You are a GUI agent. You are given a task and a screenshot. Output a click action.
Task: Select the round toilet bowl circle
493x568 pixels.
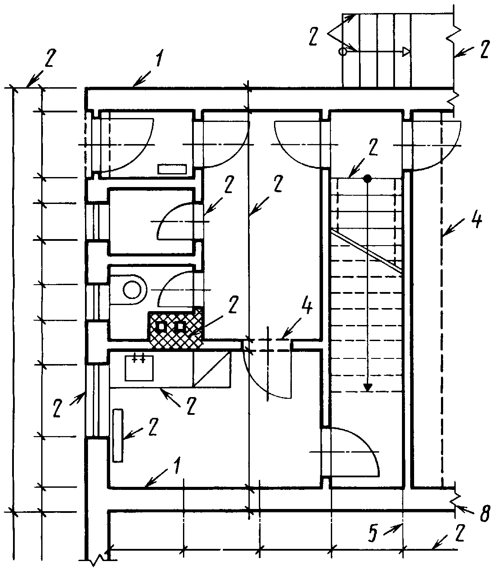click(x=131, y=290)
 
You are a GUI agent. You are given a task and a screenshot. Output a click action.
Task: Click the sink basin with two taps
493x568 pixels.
click(x=139, y=368)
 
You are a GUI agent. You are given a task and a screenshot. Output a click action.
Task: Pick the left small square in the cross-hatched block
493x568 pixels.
click(x=161, y=326)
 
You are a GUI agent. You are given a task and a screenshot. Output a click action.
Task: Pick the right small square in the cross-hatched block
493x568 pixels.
click(x=180, y=326)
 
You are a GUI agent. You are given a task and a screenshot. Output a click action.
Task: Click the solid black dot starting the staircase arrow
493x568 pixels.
click(x=368, y=178)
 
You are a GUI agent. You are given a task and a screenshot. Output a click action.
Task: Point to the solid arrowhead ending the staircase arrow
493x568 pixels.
click(x=368, y=387)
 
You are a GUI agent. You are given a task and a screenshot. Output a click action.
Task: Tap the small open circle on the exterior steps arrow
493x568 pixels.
click(x=343, y=51)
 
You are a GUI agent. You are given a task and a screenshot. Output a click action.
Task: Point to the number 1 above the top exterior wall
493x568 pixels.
click(x=159, y=58)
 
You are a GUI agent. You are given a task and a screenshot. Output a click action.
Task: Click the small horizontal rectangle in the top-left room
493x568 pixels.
click(x=172, y=169)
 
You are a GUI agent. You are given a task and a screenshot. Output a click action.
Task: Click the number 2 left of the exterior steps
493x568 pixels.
click(x=314, y=36)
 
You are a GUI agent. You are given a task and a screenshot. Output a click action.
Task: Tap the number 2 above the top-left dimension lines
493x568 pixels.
click(x=50, y=58)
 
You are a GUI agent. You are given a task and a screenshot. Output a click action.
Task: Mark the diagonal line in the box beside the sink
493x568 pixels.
click(x=212, y=370)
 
